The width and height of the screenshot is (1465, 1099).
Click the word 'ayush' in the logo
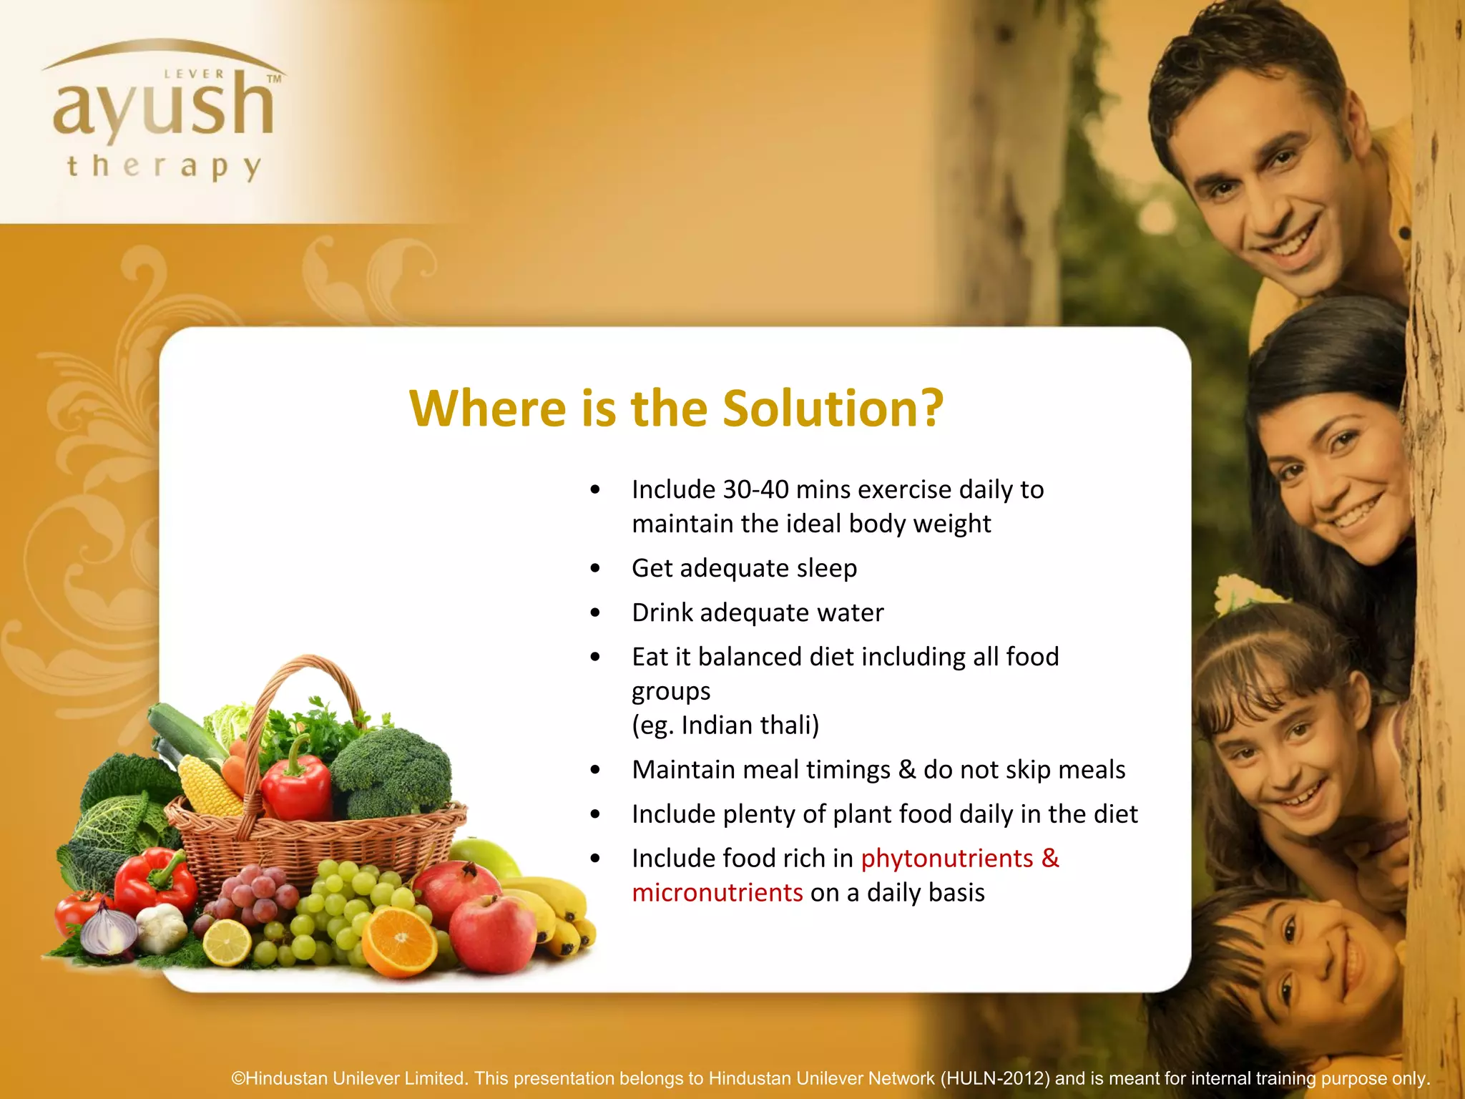[163, 107]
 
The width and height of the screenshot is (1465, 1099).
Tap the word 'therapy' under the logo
[164, 167]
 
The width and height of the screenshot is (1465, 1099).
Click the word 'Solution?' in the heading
[833, 409]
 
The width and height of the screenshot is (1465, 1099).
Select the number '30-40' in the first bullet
[756, 490]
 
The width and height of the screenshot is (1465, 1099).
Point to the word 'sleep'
[827, 568]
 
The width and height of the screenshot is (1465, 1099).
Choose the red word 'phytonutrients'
[947, 859]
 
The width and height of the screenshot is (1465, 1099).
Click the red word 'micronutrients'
[717, 893]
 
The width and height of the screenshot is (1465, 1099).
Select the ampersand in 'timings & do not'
[907, 770]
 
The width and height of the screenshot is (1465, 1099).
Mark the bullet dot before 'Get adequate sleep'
[595, 569]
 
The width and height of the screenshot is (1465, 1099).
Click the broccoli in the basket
[393, 770]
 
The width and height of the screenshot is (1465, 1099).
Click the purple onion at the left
[107, 930]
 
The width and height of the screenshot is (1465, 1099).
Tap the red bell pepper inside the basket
[295, 783]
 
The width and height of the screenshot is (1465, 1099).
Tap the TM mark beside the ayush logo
[274, 79]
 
